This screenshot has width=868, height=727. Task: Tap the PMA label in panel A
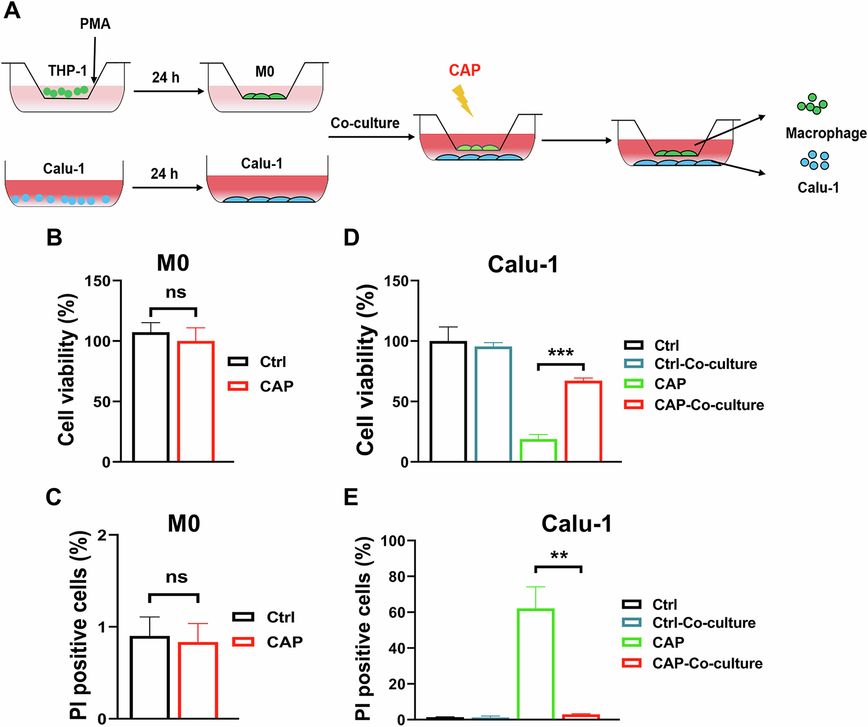[x=95, y=24]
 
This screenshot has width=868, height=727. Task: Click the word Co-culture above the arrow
[x=365, y=123]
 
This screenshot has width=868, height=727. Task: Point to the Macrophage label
[x=826, y=133]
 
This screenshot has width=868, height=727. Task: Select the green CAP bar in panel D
[x=538, y=450]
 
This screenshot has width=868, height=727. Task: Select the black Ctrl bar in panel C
[x=150, y=677]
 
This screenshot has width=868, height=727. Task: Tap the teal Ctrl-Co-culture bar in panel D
[x=493, y=404]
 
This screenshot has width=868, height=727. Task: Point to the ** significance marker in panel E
[x=558, y=556]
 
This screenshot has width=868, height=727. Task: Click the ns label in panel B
[x=176, y=292]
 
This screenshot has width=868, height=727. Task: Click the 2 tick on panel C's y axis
[x=103, y=535]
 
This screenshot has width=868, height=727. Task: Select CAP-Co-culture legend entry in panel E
[x=707, y=663]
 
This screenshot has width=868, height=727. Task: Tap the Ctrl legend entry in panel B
[x=273, y=362]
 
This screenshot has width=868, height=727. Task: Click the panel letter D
[x=351, y=238]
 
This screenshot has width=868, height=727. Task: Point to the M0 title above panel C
[x=184, y=523]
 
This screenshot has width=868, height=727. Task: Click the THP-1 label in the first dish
[x=68, y=71]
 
